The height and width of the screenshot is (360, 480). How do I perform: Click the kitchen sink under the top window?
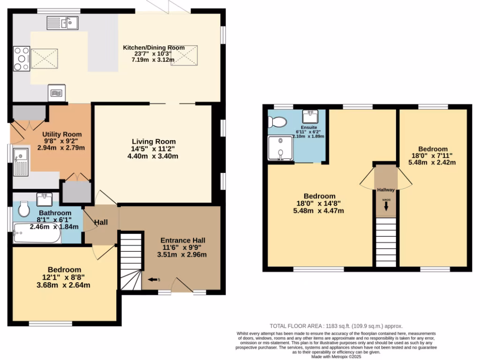pyautogui.click(x=62, y=22)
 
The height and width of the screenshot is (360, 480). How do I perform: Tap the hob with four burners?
pyautogui.click(x=22, y=58)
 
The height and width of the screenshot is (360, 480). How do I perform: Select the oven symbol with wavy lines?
pyautogui.click(x=57, y=92)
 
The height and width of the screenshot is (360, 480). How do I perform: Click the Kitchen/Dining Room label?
pyautogui.click(x=153, y=47)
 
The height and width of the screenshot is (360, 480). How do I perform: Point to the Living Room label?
pyautogui.click(x=153, y=142)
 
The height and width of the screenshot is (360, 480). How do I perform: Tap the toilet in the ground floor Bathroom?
pyautogui.click(x=24, y=210)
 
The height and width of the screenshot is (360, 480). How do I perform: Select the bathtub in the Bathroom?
pyautogui.click(x=37, y=233)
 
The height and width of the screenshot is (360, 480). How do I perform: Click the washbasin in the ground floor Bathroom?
pyautogui.click(x=45, y=200)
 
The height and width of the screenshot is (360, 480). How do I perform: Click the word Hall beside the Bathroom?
pyautogui.click(x=101, y=222)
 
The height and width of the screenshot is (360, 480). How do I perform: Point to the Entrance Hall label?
pyautogui.click(x=182, y=240)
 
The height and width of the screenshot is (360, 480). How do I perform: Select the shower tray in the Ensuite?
pyautogui.click(x=280, y=148)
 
